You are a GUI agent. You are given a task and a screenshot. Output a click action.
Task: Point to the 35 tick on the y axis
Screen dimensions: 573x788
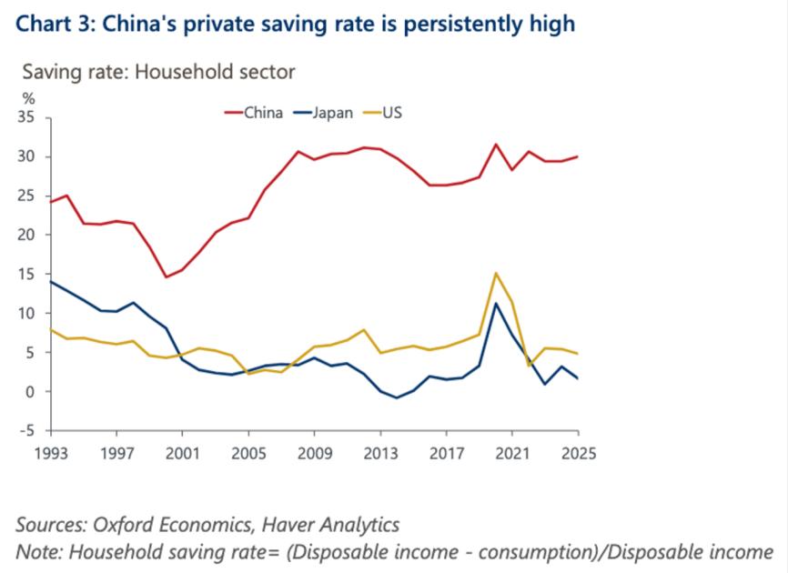[x=25, y=117]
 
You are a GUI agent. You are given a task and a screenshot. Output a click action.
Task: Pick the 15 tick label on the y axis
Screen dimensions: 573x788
[x=25, y=274]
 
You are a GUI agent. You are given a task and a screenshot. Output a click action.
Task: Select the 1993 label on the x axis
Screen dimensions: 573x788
[x=49, y=452]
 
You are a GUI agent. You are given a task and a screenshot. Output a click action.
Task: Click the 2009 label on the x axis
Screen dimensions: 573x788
[x=314, y=452]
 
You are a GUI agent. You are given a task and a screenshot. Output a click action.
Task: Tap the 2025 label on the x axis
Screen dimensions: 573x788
[x=578, y=452]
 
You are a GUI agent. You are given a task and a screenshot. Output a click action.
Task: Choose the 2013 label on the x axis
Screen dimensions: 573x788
[x=379, y=452]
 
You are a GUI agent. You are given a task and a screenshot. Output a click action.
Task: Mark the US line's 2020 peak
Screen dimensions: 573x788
[x=496, y=273]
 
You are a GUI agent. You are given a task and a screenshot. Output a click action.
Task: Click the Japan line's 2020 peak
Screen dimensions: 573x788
[x=496, y=303]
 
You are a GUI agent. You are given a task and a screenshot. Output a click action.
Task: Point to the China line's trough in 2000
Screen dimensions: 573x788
[x=165, y=277]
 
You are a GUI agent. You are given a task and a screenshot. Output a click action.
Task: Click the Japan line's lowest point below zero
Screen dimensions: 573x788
[x=397, y=397]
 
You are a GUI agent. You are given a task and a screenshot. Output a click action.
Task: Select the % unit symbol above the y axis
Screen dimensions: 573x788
[x=28, y=98]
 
